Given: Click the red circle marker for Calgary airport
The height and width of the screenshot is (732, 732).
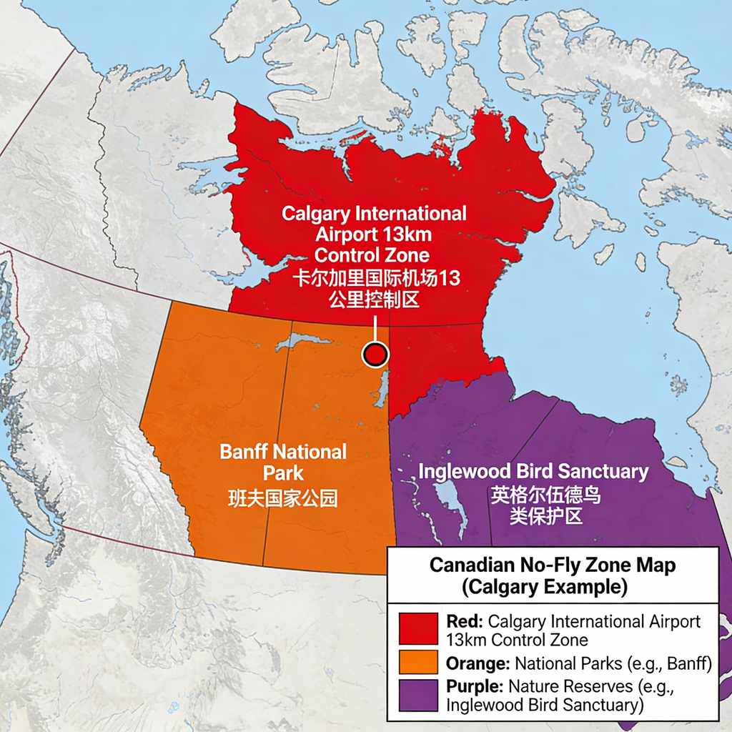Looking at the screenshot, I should click(x=375, y=355).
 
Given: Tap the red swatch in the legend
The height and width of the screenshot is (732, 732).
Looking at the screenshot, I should click(x=419, y=629).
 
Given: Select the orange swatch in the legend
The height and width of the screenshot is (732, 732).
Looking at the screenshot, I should click(x=419, y=664).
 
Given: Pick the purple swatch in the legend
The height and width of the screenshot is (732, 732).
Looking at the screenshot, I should click(x=419, y=696).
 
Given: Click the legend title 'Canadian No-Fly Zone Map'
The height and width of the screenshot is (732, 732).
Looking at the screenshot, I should click(x=552, y=565).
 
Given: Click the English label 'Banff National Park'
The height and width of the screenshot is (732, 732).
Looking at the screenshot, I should click(x=283, y=462).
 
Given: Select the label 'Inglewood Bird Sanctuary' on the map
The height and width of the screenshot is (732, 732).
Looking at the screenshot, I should click(x=533, y=472).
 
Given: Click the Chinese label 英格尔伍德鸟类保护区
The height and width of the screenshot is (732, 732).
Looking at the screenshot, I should click(x=545, y=505).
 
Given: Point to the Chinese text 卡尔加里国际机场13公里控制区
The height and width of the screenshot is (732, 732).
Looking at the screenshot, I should click(x=373, y=290).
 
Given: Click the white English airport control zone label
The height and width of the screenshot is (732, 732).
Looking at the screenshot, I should click(x=373, y=234).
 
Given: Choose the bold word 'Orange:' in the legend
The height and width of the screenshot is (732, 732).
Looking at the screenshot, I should click(x=477, y=664).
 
